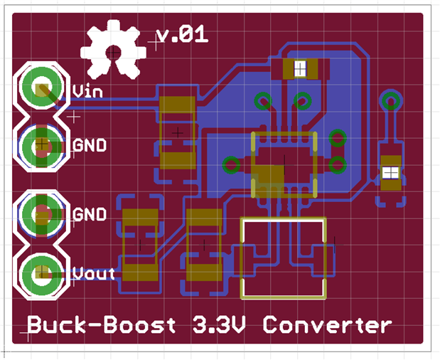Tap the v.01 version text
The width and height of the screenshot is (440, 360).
[182, 34]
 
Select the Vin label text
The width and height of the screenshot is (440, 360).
[88, 91]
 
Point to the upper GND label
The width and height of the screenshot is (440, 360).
[90, 145]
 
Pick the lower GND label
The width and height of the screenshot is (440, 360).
[90, 214]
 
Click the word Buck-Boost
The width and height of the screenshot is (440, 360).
[101, 326]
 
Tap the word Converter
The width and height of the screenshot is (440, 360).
[327, 326]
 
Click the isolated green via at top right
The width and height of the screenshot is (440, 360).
[390, 100]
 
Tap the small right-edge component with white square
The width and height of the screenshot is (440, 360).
[390, 172]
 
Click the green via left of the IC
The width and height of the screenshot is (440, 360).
[231, 165]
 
